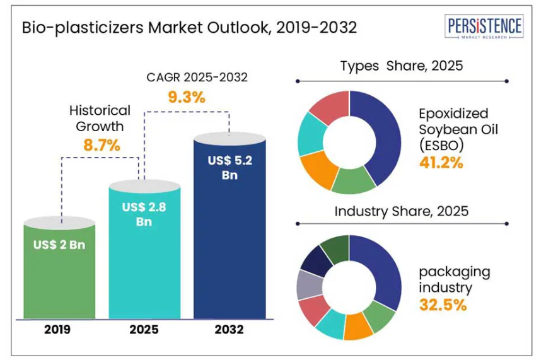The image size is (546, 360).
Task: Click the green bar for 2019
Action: pyautogui.click(x=60, y=277)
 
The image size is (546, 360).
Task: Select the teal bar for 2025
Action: pyautogui.click(x=145, y=265)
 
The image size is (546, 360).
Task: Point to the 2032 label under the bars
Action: pyautogui.click(x=229, y=329)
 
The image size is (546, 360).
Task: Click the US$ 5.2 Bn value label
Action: pyautogui.click(x=229, y=168)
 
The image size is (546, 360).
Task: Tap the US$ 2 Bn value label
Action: pyautogui.click(x=60, y=245)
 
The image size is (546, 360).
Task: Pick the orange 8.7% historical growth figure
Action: pyautogui.click(x=101, y=145)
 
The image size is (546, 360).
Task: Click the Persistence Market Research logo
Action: pyautogui.click(x=484, y=29)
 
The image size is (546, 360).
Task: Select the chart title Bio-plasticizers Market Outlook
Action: pyautogui.click(x=189, y=28)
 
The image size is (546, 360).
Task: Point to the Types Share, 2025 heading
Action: pyautogui.click(x=402, y=66)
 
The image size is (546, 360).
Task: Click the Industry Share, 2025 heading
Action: pyautogui.click(x=401, y=211)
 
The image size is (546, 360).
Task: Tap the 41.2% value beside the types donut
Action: pyautogui.click(x=441, y=162)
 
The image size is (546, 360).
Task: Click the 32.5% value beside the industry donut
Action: pyautogui.click(x=443, y=305)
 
